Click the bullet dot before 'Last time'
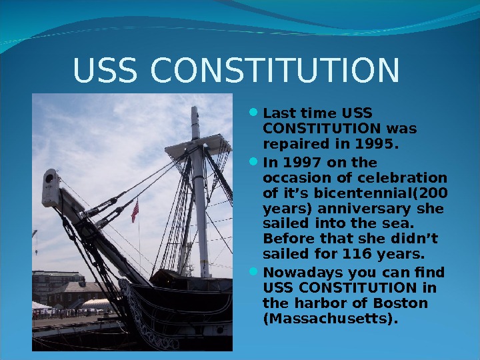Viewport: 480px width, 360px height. point(257,112)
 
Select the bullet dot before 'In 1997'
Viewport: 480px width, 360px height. point(257,163)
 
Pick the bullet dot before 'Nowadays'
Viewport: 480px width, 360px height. point(257,273)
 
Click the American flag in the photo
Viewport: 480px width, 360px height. point(135,211)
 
